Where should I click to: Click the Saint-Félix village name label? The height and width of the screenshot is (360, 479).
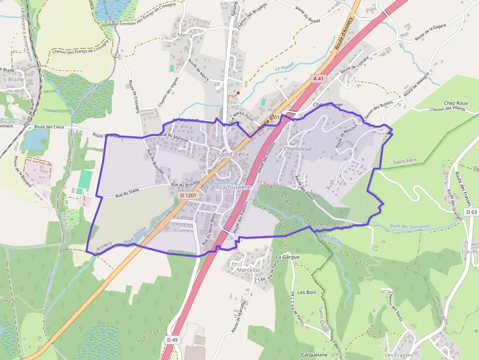click(x=233, y=154)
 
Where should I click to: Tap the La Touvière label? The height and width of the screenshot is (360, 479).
click(x=235, y=187)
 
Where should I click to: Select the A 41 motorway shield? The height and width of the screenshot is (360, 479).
click(x=319, y=78)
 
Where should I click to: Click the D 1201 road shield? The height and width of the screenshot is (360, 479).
click(x=188, y=195)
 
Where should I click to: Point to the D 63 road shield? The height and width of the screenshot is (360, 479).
click(x=471, y=212)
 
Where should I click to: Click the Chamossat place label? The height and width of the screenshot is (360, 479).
click(x=298, y=148)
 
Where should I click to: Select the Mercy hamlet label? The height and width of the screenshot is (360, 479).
click(x=185, y=35)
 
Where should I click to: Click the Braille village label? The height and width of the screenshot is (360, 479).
click(x=16, y=79)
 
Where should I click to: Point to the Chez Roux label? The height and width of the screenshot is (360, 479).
click(x=456, y=104)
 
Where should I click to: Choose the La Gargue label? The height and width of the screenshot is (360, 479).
click(x=287, y=256)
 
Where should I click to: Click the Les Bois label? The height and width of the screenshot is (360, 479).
click(x=307, y=292)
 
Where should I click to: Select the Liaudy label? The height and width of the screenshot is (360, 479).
click(x=470, y=251)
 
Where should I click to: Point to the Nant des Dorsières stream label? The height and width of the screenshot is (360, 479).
click(x=410, y=226)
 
